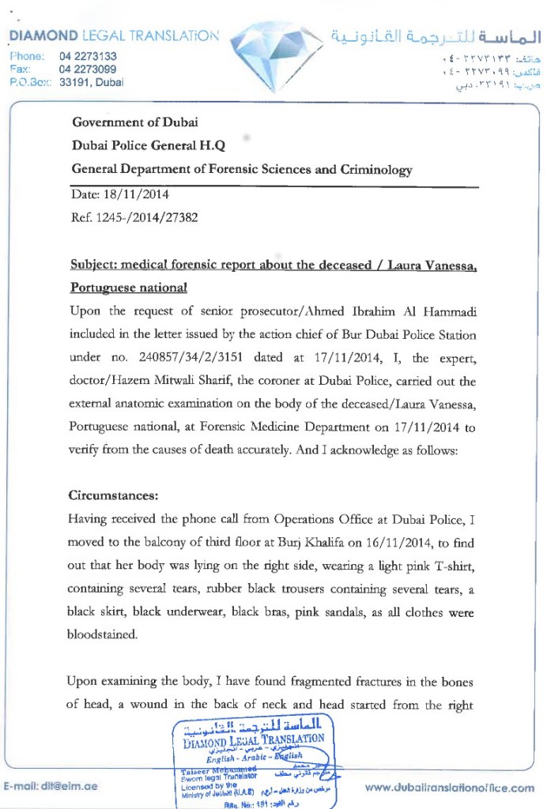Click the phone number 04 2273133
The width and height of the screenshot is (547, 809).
coord(88,56)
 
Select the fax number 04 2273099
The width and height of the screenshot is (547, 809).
coord(88,69)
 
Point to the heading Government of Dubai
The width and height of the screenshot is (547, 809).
coord(134,122)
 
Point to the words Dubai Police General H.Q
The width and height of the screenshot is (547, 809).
coord(149,146)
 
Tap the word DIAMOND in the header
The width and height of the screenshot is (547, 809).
coord(41,36)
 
